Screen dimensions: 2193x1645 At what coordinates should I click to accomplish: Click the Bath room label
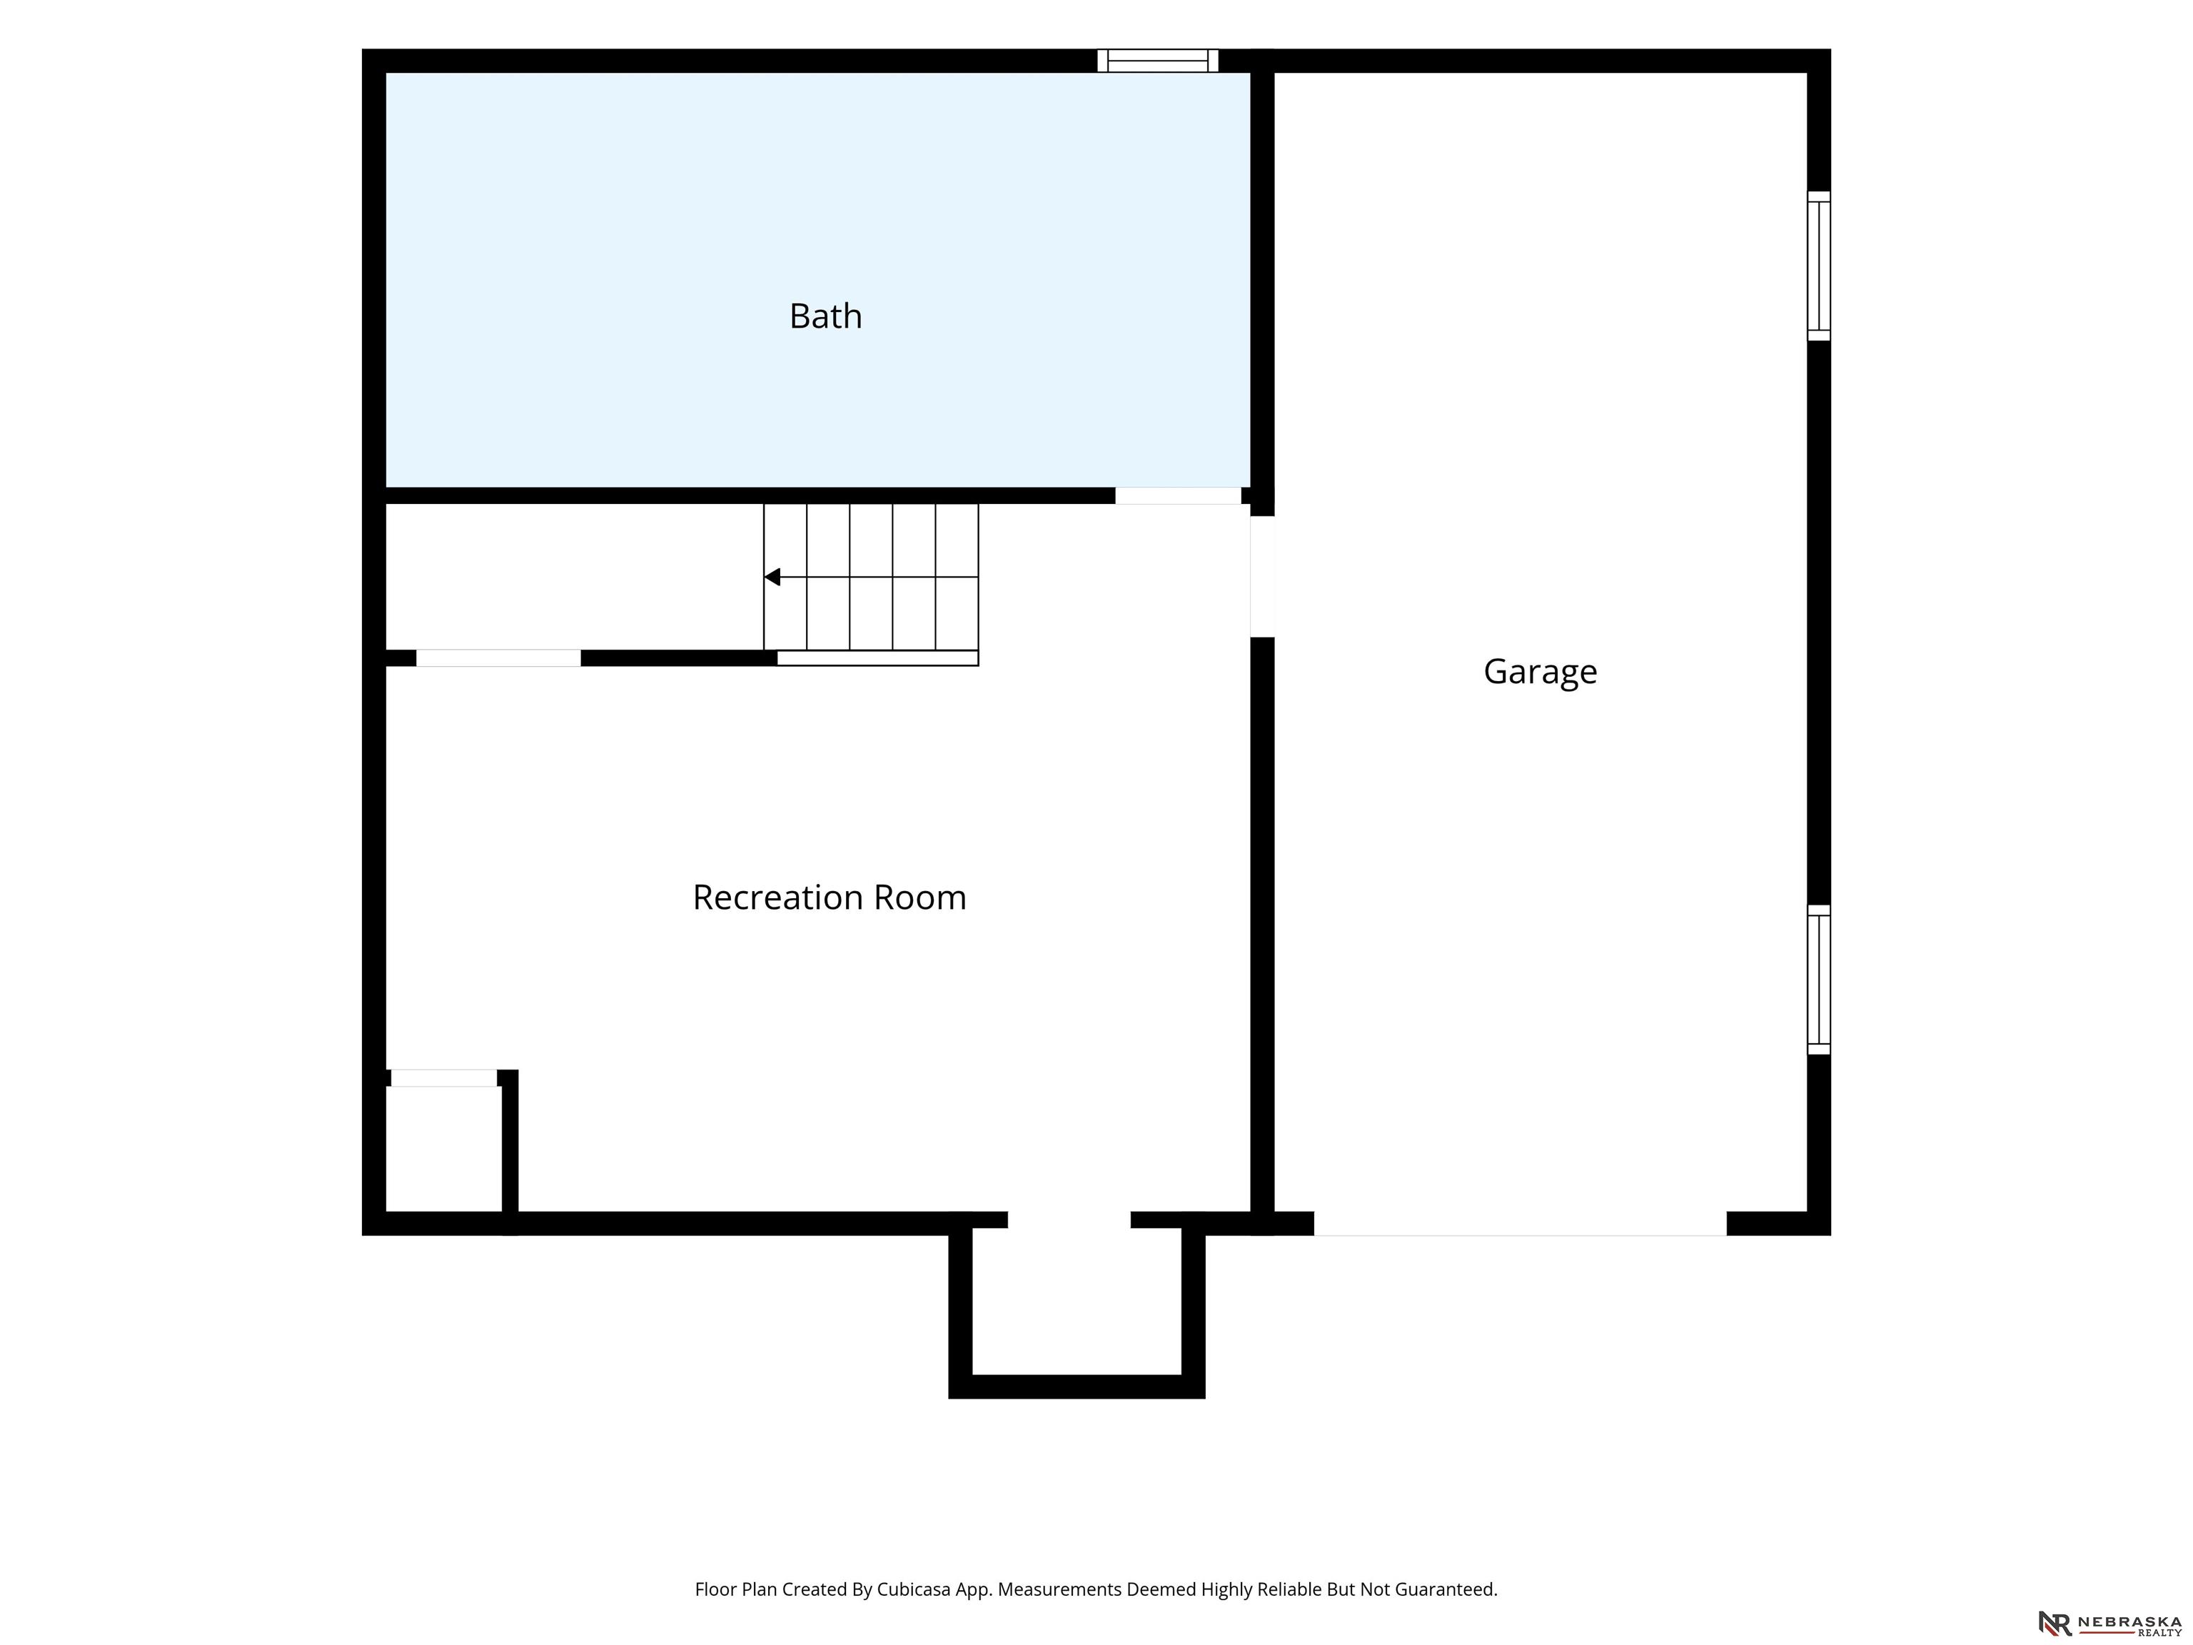point(825,316)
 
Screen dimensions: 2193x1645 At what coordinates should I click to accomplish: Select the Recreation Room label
point(829,897)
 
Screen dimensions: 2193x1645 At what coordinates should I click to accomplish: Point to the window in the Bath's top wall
point(1158,61)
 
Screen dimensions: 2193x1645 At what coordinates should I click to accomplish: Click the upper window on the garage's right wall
point(1818,266)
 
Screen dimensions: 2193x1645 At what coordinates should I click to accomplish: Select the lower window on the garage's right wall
point(1818,979)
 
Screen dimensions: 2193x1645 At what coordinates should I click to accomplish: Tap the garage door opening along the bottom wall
point(1520,1224)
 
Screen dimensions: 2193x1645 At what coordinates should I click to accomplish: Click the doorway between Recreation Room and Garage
point(1261,576)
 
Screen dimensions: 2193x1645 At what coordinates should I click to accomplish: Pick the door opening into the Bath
point(1178,495)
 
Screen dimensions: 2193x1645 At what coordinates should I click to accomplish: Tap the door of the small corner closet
point(443,1078)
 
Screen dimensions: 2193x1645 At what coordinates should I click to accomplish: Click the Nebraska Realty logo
point(2109,1623)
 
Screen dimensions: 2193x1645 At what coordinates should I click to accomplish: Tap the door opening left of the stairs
point(498,658)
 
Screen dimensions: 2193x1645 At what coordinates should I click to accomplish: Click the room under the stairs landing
point(574,577)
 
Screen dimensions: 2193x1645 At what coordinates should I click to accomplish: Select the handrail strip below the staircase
point(877,658)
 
